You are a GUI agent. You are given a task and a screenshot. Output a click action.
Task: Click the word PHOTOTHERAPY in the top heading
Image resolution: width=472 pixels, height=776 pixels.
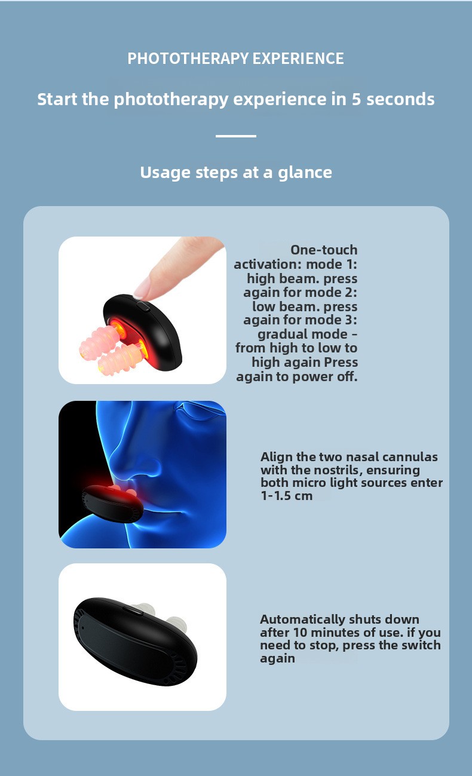pos(188,58)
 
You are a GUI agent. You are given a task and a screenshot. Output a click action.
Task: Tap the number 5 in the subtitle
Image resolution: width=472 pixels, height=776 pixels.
pos(357,99)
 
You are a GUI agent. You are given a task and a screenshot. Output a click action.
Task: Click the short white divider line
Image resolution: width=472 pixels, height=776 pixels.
pos(236,136)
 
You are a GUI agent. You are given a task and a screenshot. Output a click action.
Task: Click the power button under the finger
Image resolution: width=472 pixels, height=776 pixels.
pos(143,306)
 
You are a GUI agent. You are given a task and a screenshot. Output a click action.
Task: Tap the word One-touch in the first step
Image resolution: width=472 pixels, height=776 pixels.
pos(324,250)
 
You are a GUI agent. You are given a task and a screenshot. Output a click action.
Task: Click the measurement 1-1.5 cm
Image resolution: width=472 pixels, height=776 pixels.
pos(287,496)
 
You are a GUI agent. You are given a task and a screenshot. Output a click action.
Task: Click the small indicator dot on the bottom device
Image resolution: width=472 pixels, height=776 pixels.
pos(83,627)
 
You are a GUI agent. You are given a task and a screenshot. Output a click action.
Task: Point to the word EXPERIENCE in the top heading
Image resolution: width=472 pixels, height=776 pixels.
pos(298,58)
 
